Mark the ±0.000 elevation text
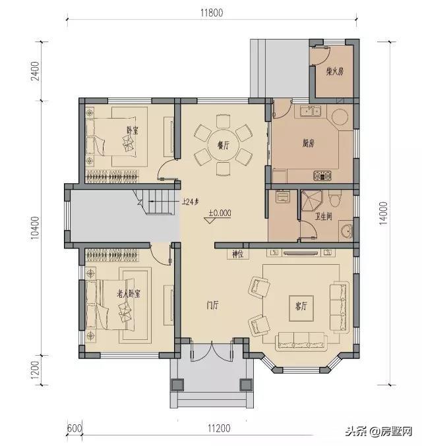[x=220, y=213]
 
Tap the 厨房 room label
[x=308, y=143]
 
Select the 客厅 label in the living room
[x=303, y=306]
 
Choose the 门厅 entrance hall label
[x=212, y=305]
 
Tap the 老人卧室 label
[x=131, y=293]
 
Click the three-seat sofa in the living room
[x=301, y=341]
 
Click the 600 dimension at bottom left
[x=73, y=428]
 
